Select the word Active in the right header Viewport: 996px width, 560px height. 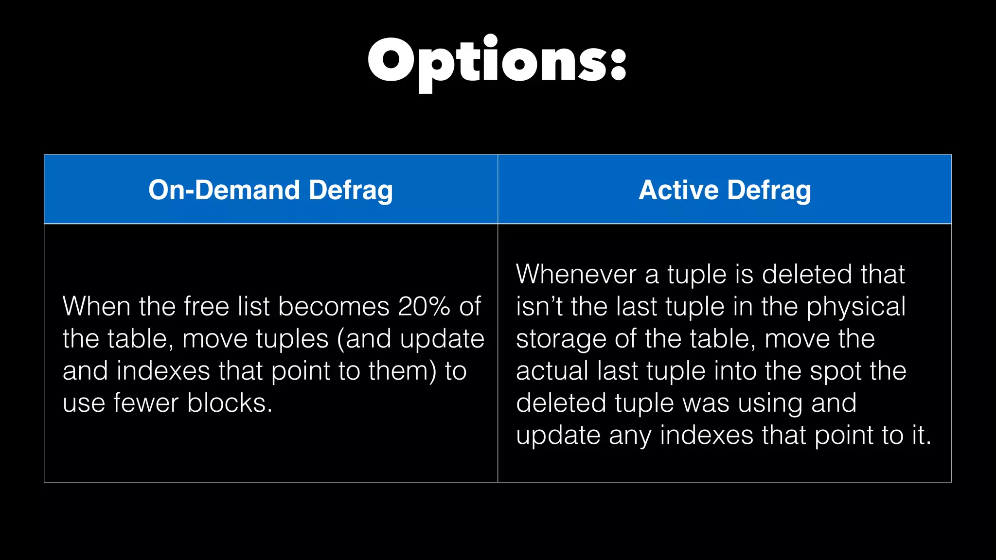pyautogui.click(x=678, y=190)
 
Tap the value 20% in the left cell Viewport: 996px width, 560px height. pyautogui.click(x=424, y=306)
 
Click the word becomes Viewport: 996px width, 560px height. pyautogui.click(x=334, y=306)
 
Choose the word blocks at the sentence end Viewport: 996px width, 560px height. pyautogui.click(x=230, y=403)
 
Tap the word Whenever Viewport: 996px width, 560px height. pyautogui.click(x=576, y=274)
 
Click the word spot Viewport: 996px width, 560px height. pyautogui.click(x=836, y=371)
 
